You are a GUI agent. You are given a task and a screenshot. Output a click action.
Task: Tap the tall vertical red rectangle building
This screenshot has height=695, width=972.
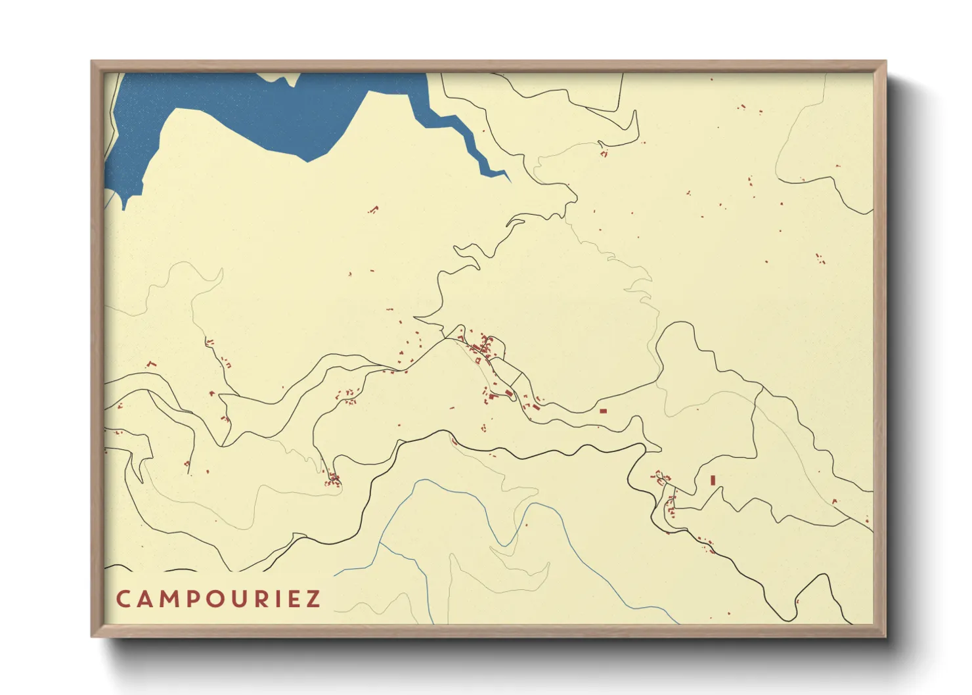pos(713,480)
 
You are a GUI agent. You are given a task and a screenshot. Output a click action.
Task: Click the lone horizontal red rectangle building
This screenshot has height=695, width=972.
pos(604,411)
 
